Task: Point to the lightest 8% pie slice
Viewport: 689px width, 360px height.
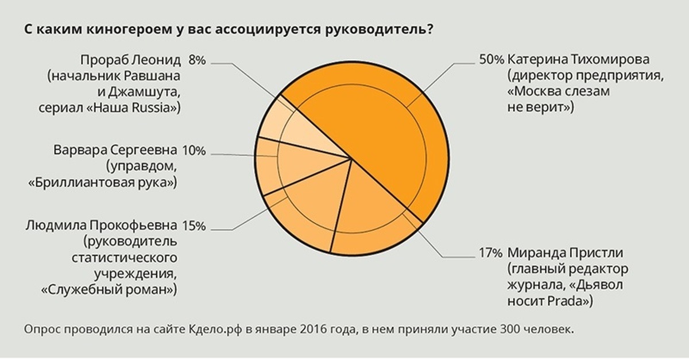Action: point(299,129)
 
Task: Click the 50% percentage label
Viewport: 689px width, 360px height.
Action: point(491,60)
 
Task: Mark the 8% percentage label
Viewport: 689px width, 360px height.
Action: point(196,60)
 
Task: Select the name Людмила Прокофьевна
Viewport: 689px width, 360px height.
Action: point(101,226)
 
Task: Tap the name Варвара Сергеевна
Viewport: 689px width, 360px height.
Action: point(115,152)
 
